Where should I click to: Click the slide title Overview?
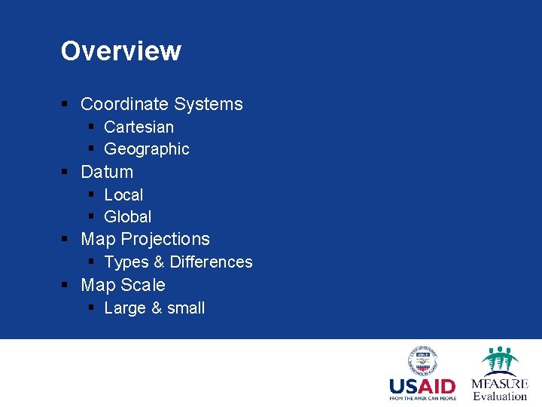pos(120,51)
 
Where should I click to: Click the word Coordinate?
pos(125,104)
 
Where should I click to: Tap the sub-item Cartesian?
pos(139,127)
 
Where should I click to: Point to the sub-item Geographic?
pos(147,149)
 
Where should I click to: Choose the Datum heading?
pos(107,172)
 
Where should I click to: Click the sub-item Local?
pos(123,194)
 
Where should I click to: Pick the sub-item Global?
pos(128,217)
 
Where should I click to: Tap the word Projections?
pos(166,240)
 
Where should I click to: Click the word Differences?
pos(212,262)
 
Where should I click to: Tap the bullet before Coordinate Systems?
pos(65,105)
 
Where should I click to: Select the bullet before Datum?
pos(65,173)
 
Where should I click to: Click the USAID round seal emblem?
pos(423,360)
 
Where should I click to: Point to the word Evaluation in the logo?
pos(500,396)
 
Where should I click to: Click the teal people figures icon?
pos(499,359)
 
